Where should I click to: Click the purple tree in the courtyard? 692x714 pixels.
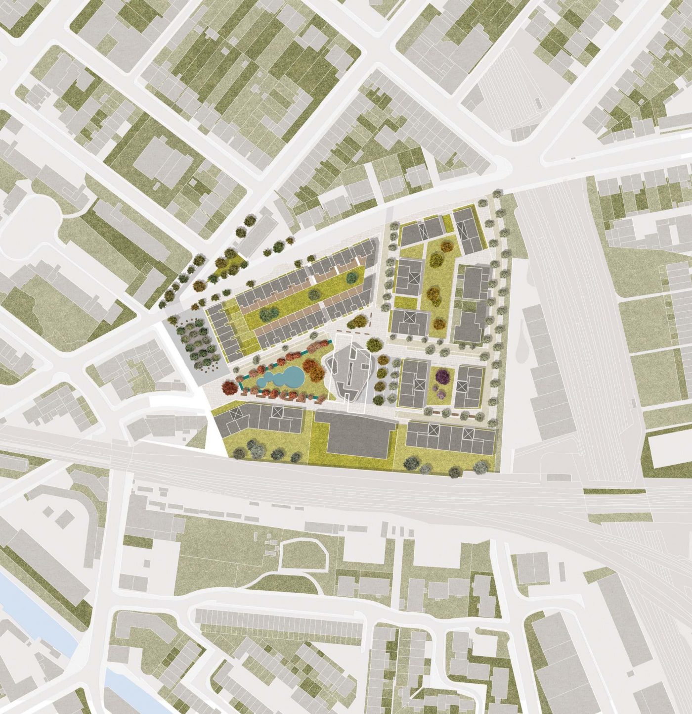[x=442, y=377]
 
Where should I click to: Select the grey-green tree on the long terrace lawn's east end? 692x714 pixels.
[x=352, y=277]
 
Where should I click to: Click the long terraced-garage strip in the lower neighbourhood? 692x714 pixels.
[x=279, y=622]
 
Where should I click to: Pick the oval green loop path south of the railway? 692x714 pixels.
[x=303, y=555]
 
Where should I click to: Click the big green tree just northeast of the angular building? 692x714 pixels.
[x=374, y=343]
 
